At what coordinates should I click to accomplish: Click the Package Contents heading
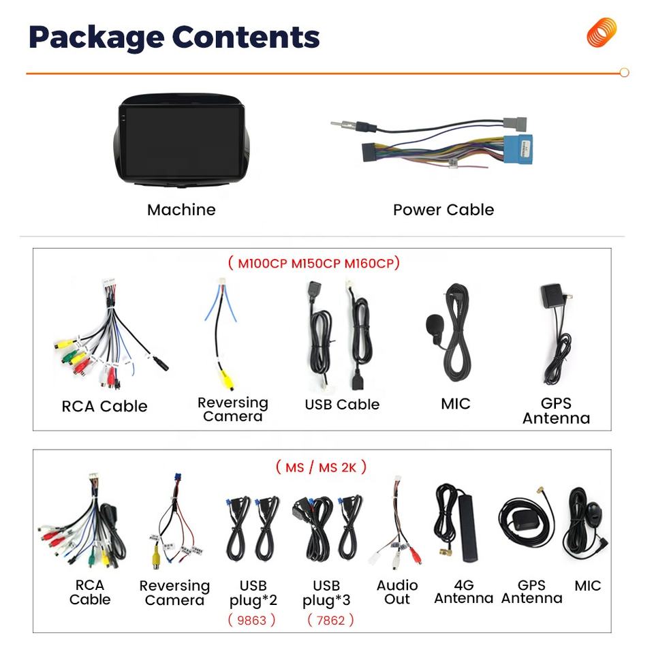(x=174, y=37)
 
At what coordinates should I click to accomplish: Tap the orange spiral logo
(x=602, y=33)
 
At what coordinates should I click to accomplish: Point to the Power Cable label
(x=443, y=210)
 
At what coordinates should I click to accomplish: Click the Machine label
(x=181, y=210)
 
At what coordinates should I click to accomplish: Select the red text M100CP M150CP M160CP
(x=314, y=263)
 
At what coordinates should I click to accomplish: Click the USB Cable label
(x=341, y=405)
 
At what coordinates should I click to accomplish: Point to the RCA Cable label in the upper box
(x=104, y=407)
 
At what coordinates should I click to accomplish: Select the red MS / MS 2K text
(x=321, y=467)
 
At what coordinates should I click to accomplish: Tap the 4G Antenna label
(x=463, y=591)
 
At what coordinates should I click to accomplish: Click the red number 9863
(x=251, y=620)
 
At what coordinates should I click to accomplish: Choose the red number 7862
(x=330, y=620)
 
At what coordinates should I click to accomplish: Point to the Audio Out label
(x=397, y=592)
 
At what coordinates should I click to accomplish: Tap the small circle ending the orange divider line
(x=624, y=72)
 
